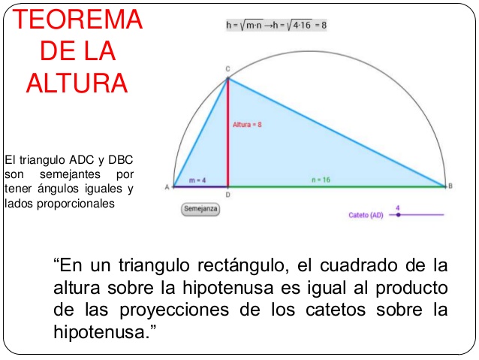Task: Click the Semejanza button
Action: (200, 209)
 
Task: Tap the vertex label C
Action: (227, 69)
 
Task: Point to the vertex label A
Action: (167, 187)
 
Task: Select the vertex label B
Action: (450, 186)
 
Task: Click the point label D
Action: (228, 195)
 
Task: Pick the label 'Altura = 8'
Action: (247, 125)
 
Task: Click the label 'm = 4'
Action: (197, 180)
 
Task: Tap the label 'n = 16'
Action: (321, 180)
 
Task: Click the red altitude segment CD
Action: (228, 133)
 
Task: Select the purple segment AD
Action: (200, 186)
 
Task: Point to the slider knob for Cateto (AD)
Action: (398, 215)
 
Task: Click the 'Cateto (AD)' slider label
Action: (366, 216)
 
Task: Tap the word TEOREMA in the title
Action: (77, 20)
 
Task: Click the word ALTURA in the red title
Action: (77, 83)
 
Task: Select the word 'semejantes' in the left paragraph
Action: (70, 174)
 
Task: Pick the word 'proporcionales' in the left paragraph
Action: (76, 204)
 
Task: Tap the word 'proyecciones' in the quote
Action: (174, 310)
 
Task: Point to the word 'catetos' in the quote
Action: (336, 310)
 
